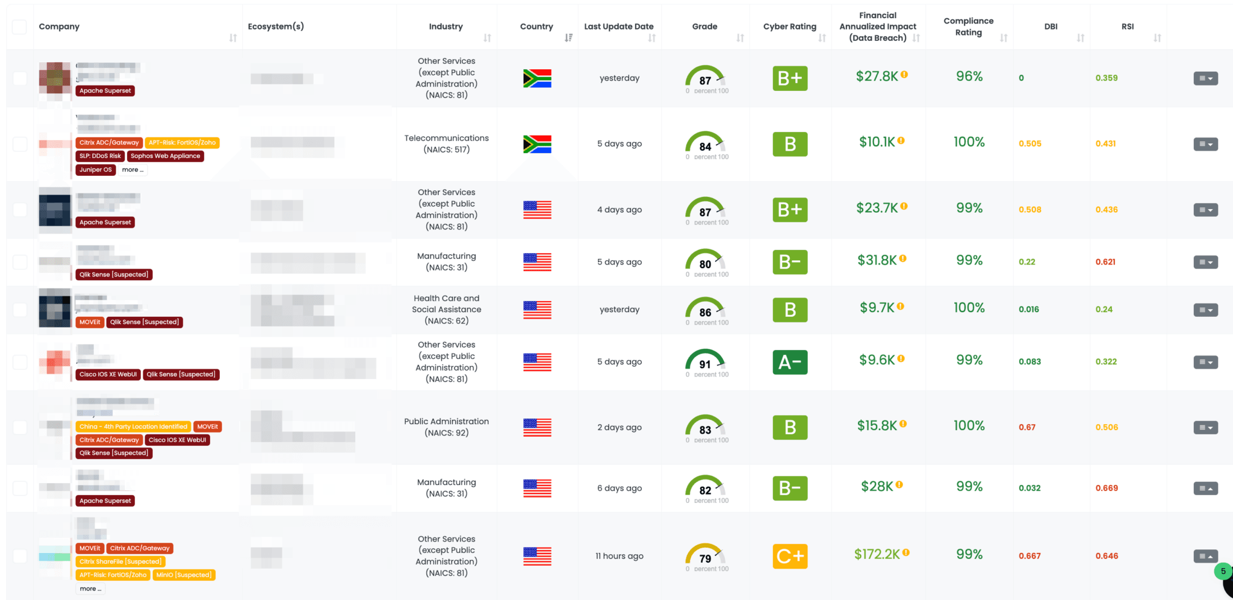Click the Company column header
tap(59, 27)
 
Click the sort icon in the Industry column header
tap(487, 38)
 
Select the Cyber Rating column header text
tap(789, 27)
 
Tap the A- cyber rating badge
tap(790, 362)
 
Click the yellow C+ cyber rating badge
tap(790, 556)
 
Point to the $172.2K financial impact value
tap(877, 554)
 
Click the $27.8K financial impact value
tap(877, 77)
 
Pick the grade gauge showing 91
tap(705, 361)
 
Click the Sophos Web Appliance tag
tap(165, 156)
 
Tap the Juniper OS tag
tap(96, 170)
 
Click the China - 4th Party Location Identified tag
tap(133, 427)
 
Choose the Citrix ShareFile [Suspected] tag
tap(120, 561)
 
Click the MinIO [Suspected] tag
tap(184, 575)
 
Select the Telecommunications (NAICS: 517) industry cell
tap(446, 144)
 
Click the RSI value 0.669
tap(1107, 488)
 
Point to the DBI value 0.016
tap(1029, 310)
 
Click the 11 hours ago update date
tap(619, 556)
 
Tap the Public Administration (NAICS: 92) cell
tap(446, 427)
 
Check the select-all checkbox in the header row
tap(19, 27)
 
